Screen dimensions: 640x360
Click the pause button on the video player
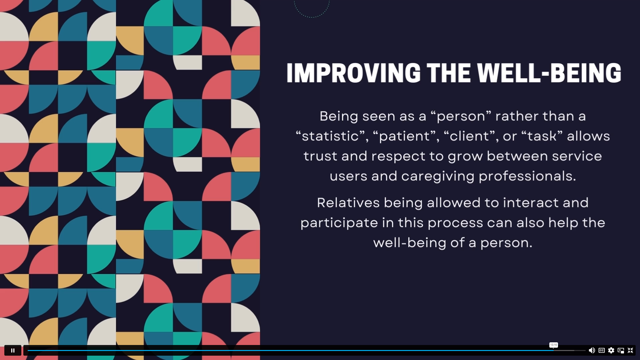(x=13, y=350)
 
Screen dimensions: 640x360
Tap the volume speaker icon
(x=592, y=350)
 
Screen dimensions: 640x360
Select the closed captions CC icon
(x=601, y=350)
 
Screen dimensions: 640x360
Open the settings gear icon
(x=611, y=350)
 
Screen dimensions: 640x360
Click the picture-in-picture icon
(x=621, y=350)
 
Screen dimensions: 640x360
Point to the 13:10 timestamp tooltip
(x=554, y=345)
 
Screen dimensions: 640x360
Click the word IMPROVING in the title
(x=354, y=73)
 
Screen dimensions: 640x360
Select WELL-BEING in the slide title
(x=549, y=73)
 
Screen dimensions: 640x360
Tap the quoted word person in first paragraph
(x=461, y=116)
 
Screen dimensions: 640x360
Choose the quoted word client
(x=471, y=136)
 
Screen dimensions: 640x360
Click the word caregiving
(x=438, y=176)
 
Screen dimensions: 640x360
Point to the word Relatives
(x=348, y=203)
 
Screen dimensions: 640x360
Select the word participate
(x=339, y=223)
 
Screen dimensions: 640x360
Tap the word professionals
(x=527, y=176)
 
